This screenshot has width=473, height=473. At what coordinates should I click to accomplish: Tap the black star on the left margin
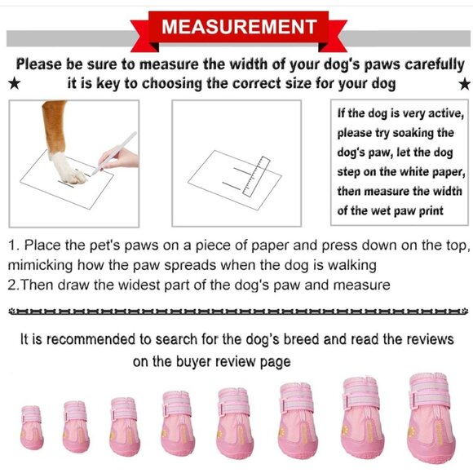[x=14, y=84]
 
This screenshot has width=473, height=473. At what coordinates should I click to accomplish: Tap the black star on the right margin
[x=463, y=84]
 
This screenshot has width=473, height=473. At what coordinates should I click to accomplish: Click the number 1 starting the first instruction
[x=12, y=245]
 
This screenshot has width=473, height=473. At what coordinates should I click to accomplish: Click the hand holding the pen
[x=121, y=158]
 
